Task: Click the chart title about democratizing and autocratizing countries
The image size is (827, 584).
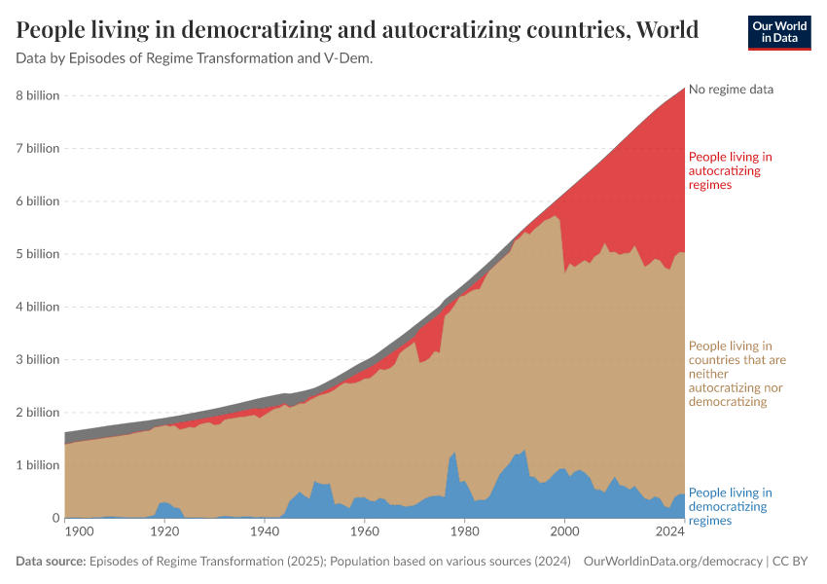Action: [357, 30]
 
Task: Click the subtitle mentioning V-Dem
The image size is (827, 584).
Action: [195, 58]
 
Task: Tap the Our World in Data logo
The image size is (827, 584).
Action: [778, 31]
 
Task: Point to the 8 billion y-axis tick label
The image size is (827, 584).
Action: [37, 95]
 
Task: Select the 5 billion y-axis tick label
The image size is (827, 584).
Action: [37, 254]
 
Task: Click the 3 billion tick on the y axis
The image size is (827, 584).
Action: [37, 359]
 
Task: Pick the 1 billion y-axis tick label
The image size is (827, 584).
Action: [37, 465]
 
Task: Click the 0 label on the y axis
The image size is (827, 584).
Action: [54, 518]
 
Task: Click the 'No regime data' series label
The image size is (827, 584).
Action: [731, 90]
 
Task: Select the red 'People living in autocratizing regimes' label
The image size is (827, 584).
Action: [730, 170]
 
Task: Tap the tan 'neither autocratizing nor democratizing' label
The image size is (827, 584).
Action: [737, 374]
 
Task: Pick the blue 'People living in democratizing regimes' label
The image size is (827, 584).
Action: [730, 506]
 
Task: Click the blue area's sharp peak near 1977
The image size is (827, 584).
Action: [454, 455]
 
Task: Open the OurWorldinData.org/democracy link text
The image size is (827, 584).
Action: [672, 562]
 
